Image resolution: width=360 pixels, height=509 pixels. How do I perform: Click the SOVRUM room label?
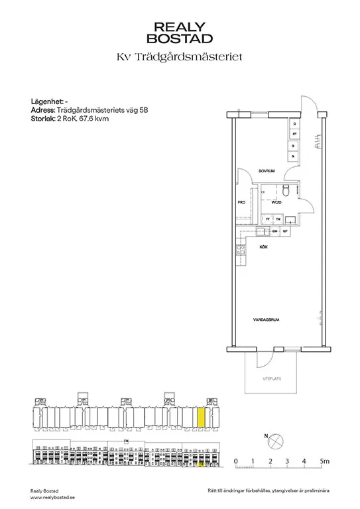point(267,171)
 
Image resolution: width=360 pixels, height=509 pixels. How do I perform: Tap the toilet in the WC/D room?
point(284,192)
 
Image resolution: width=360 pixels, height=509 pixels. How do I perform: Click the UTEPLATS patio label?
point(272,379)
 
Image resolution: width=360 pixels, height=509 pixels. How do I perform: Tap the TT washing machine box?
point(268,219)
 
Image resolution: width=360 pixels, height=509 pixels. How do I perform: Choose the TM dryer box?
point(278,219)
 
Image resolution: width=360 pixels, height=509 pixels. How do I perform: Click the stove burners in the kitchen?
point(238,251)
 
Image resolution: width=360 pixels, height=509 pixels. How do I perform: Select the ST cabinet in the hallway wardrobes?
point(293,135)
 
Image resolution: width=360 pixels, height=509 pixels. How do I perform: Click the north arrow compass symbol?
point(276,440)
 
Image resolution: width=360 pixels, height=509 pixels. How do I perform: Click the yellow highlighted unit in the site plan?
point(202,418)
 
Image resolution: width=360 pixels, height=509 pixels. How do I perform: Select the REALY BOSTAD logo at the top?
point(180,32)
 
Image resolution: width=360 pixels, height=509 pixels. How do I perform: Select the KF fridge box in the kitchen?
point(284,232)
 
